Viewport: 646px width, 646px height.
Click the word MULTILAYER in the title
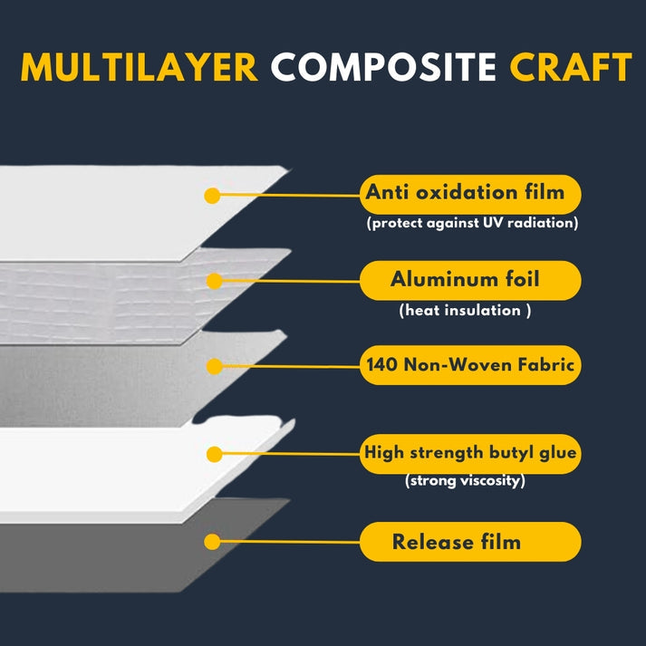140,67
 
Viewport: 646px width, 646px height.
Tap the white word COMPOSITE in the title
383,67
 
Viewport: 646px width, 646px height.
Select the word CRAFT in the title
571,67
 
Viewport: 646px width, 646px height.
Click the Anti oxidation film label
470,195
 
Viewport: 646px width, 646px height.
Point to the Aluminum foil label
470,280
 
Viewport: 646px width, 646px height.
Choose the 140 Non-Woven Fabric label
470,365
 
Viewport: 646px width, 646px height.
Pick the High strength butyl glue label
470,454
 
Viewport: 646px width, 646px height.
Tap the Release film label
470,542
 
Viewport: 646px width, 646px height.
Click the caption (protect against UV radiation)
473,223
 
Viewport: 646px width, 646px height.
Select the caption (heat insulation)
465,310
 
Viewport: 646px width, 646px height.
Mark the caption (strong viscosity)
465,480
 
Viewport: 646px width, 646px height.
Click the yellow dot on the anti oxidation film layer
212,196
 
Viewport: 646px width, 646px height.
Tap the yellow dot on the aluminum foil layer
214,282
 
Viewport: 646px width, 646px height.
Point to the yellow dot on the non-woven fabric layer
214,366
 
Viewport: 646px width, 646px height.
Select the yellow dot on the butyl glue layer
214,455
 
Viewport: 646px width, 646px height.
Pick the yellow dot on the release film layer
212,542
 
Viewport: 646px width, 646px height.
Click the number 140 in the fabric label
381,365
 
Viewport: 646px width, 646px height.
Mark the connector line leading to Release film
290,542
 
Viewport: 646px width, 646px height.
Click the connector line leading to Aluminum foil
291,282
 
